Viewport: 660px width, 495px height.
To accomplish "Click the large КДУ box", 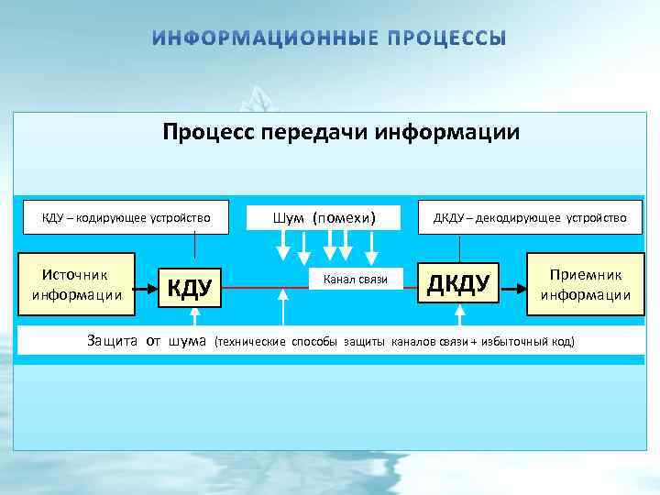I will [x=191, y=288].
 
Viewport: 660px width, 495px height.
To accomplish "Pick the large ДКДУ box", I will [x=459, y=283].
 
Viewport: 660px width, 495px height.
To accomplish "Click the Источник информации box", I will [x=76, y=284].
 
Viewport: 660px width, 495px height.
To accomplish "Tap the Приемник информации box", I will [x=585, y=284].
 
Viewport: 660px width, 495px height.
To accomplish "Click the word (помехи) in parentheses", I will [x=344, y=217].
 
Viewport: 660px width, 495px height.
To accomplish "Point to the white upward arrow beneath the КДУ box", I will [x=194, y=317].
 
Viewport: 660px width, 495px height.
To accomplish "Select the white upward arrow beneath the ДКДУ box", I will [x=460, y=317].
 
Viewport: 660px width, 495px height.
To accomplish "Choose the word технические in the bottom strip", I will [x=251, y=342].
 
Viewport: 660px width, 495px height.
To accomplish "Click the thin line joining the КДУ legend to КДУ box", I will [x=194, y=245].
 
